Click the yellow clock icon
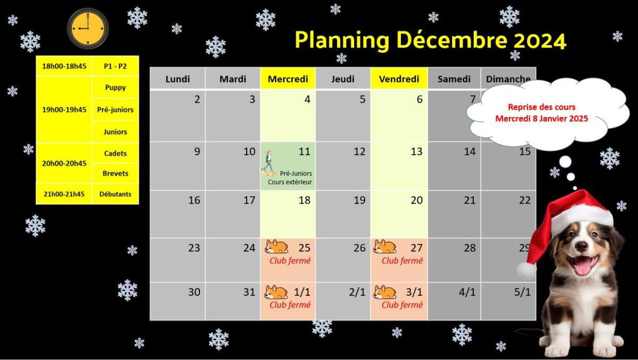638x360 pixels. [x=88, y=29]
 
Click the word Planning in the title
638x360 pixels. [x=342, y=41]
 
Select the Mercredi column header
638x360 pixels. [x=288, y=79]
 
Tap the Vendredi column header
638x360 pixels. [x=399, y=79]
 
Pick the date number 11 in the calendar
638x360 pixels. [x=304, y=152]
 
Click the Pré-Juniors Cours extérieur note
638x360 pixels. [x=290, y=178]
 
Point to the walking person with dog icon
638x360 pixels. [x=268, y=163]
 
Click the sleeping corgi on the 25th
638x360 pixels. [x=276, y=247]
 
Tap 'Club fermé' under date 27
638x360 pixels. [x=402, y=261]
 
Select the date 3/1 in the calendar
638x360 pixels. [x=414, y=292]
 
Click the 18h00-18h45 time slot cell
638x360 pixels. [x=64, y=66]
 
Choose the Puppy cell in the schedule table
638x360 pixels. [x=115, y=87]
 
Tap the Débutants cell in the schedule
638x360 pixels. [x=115, y=194]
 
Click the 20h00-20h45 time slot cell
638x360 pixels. [x=64, y=163]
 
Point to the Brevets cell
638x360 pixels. [x=115, y=173]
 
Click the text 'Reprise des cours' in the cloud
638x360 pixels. [x=541, y=107]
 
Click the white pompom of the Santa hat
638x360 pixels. [x=526, y=270]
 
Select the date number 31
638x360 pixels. [x=249, y=292]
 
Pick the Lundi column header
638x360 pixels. [x=178, y=79]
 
